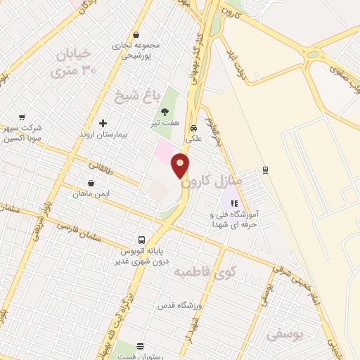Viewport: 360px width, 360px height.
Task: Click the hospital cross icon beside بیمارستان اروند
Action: (103, 123)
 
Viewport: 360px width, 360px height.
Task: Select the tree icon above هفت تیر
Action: (165, 111)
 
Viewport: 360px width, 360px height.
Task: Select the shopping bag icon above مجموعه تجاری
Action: (136, 34)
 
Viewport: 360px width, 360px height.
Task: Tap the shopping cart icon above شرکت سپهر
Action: (22, 117)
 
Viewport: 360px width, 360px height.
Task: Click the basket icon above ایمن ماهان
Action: (82, 184)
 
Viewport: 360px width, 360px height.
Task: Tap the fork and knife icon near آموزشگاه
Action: (234, 204)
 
